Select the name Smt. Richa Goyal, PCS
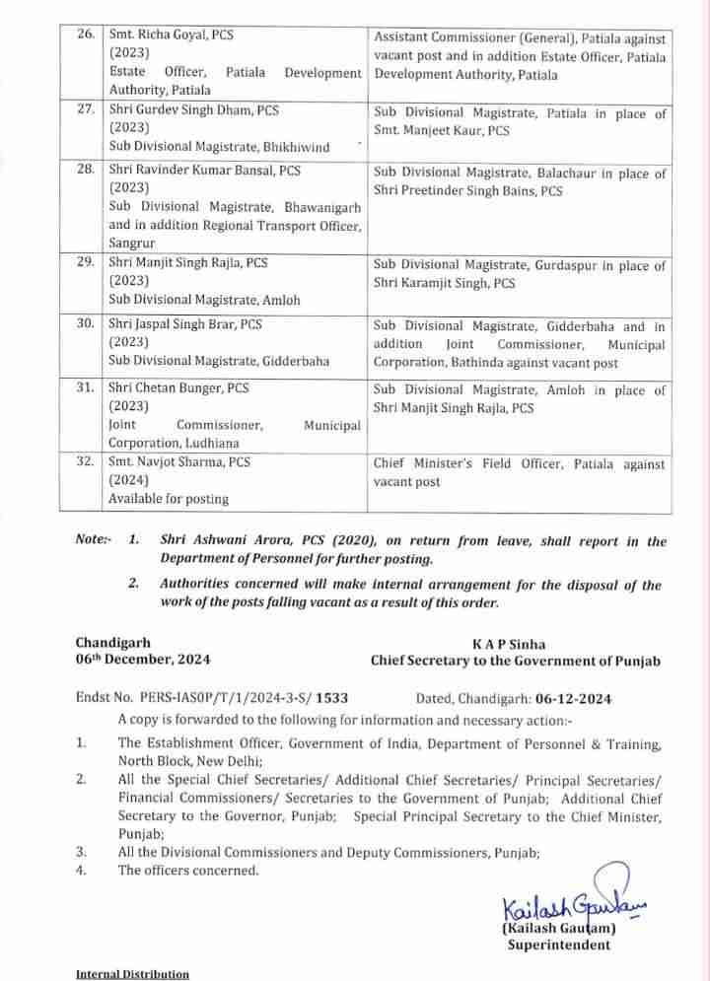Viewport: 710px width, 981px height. point(178,35)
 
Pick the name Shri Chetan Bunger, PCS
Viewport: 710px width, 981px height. point(178,389)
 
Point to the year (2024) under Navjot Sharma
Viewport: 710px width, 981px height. point(129,480)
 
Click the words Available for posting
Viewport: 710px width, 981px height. point(168,498)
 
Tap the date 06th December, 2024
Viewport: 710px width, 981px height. point(143,660)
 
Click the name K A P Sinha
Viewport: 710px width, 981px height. point(517,643)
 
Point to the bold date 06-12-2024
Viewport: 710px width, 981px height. point(573,699)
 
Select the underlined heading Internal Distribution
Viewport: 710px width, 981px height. point(132,974)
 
